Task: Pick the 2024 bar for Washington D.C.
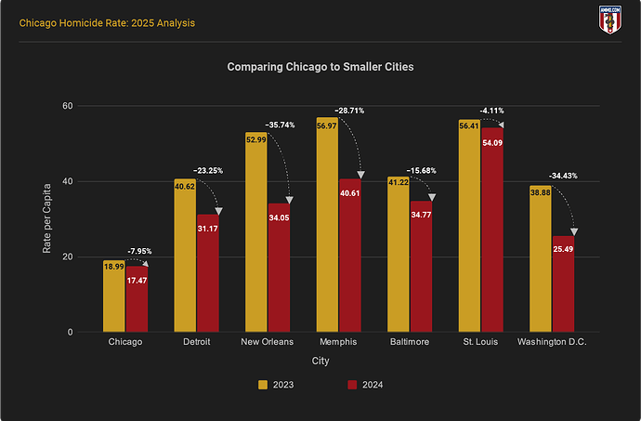563,283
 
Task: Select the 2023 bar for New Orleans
255,232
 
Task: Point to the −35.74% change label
280,124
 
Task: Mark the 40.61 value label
350,193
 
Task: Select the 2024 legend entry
364,385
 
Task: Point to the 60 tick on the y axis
67,106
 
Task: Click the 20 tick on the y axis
67,257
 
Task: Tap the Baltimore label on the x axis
410,342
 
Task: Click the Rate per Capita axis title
46,218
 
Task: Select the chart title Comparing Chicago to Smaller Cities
320,67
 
